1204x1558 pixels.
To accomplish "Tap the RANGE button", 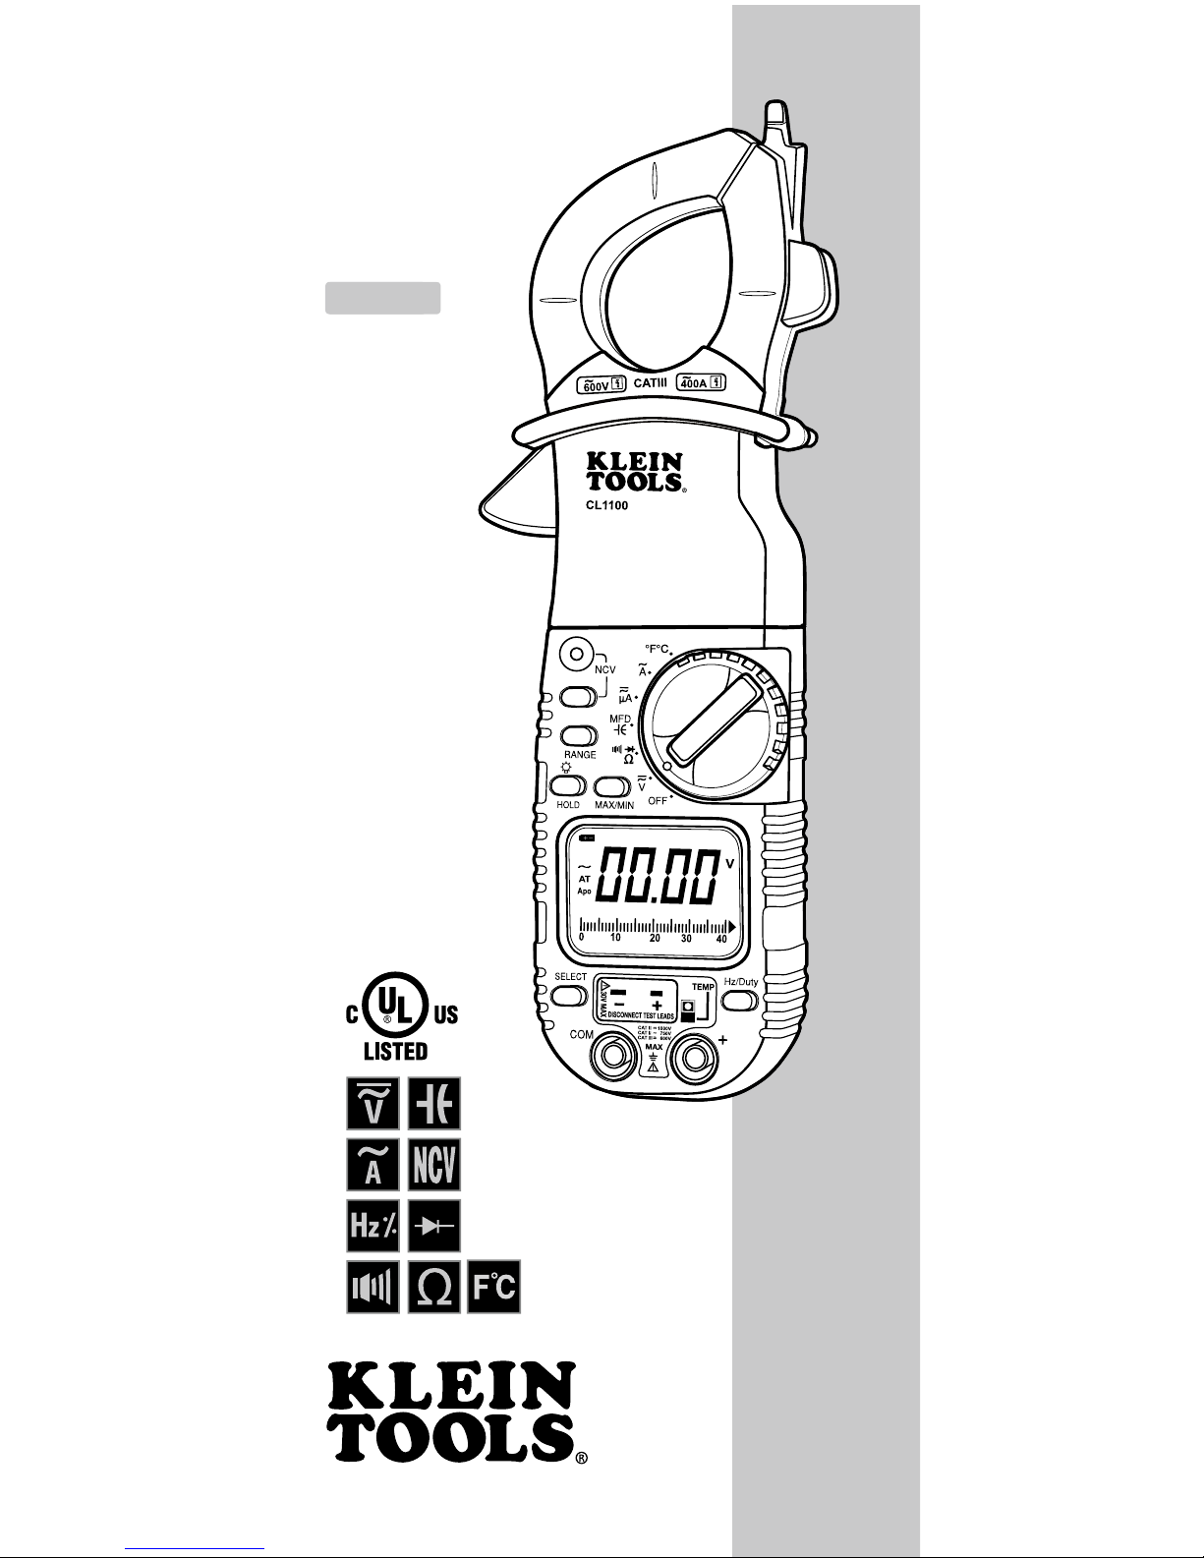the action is click(579, 735).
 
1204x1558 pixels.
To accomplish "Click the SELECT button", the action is click(569, 996).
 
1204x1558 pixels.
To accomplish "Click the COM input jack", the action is click(611, 1058).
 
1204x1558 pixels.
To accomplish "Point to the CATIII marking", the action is click(651, 384).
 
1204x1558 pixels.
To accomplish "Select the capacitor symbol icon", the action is click(433, 1103).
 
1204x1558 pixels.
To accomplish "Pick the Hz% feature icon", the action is click(373, 1226).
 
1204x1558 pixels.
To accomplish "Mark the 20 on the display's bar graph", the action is click(655, 938).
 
